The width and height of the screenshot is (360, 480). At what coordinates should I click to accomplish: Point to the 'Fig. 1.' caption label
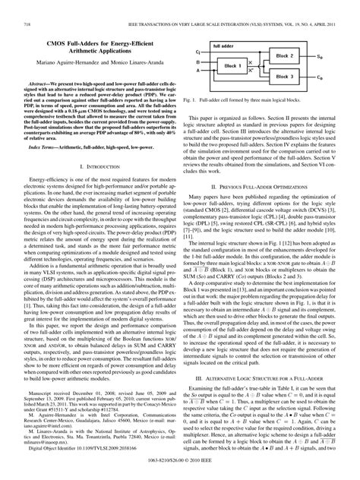click(201, 121)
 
